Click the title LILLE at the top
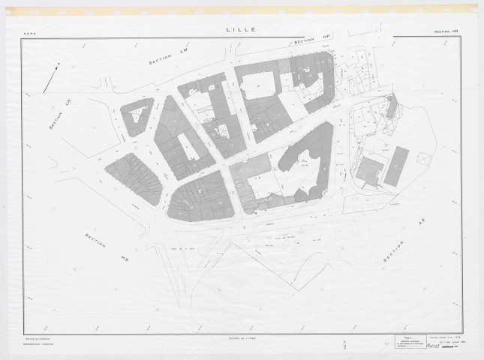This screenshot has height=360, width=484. tap(241, 30)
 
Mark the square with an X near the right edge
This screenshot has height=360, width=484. tap(423, 158)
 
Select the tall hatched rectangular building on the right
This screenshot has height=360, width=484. tap(396, 166)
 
